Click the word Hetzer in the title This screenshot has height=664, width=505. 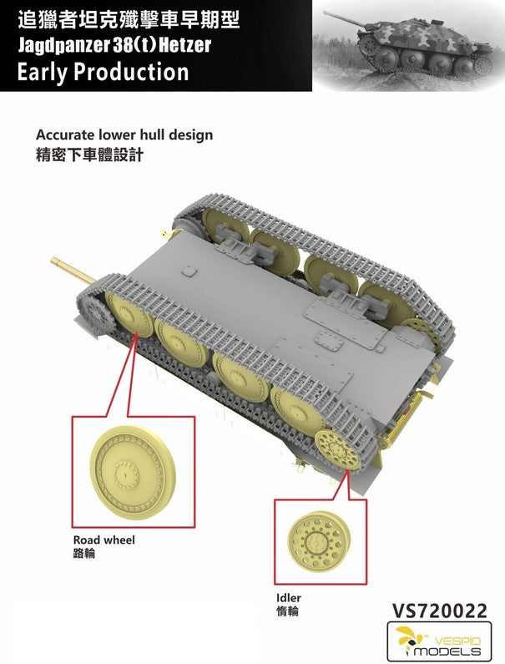(x=184, y=45)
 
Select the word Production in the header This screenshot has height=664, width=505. (x=131, y=72)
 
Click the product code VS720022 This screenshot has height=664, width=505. (x=439, y=611)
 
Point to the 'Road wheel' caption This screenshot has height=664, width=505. (x=104, y=540)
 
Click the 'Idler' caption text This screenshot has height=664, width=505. (x=289, y=598)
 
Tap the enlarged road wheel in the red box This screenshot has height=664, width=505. (x=133, y=471)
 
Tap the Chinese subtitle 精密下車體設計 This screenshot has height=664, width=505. (x=90, y=155)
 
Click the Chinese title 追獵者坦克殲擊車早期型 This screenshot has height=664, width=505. (x=129, y=20)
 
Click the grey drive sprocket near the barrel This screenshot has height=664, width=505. (x=98, y=309)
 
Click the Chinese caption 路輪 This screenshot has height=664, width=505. (x=84, y=554)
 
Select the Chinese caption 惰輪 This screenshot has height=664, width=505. (x=287, y=611)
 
